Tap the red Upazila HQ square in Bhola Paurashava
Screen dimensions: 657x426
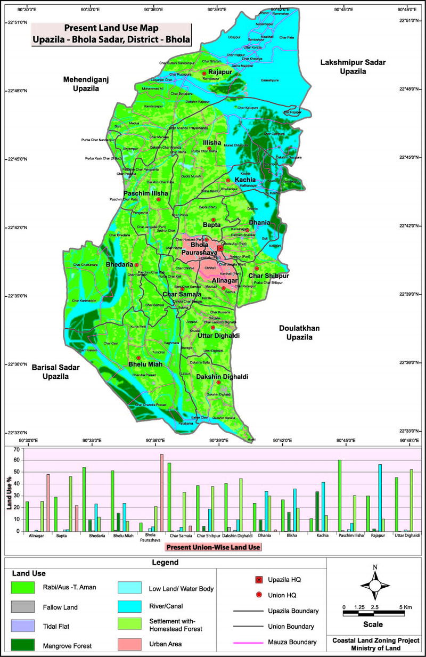[x=220, y=248]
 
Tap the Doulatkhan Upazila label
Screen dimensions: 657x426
[x=299, y=333]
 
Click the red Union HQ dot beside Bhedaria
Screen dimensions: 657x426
[x=136, y=265]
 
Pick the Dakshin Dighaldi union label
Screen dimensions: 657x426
[x=215, y=377]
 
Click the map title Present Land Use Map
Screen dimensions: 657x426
[x=111, y=28]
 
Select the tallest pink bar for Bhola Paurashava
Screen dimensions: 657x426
[x=161, y=492]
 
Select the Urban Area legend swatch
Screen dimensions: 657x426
[x=130, y=644]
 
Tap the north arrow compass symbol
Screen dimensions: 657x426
[x=375, y=584]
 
